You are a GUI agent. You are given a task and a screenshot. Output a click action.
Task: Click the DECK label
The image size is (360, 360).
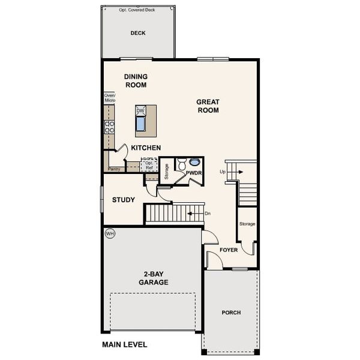(138, 34)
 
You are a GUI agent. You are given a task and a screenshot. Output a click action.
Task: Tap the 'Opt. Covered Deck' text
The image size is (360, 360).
(138, 10)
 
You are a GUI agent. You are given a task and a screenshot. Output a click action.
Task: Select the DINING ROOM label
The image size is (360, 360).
(136, 81)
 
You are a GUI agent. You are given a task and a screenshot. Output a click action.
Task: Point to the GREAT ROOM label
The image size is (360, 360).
(208, 106)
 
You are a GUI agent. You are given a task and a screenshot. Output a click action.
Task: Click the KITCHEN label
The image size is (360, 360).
(146, 148)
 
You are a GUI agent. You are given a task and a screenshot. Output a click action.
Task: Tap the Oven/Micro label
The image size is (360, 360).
(109, 98)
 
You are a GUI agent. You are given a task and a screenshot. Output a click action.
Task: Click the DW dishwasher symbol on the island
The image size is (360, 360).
(140, 110)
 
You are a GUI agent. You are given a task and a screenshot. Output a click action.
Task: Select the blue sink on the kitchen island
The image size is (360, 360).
(140, 124)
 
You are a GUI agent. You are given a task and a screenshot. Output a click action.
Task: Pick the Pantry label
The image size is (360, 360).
(114, 169)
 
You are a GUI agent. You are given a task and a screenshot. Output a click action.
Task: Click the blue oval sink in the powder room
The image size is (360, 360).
(195, 162)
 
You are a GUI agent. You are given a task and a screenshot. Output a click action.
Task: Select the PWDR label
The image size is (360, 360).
(193, 173)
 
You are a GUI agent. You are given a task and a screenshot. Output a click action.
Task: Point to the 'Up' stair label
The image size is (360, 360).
(223, 172)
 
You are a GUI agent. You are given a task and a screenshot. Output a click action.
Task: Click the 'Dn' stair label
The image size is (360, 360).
(208, 213)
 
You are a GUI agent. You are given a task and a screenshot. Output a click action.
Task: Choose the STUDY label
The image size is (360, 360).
(123, 200)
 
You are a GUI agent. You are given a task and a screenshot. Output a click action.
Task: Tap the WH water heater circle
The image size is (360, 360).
(110, 233)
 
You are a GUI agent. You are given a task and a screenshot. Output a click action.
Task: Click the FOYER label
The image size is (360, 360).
(229, 250)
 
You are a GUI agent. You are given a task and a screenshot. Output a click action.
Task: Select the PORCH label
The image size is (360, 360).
(231, 312)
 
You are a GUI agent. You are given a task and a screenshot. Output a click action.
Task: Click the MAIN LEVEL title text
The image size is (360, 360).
(124, 345)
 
